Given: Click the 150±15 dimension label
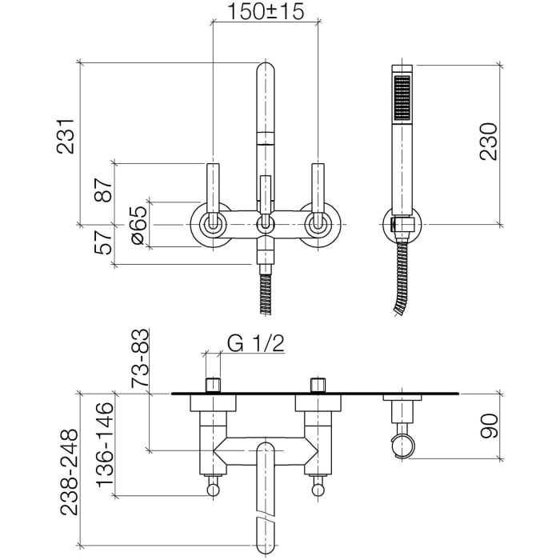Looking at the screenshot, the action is tap(266, 11).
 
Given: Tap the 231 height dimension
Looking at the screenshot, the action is tap(66, 137).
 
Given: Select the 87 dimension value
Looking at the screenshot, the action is tap(104, 190).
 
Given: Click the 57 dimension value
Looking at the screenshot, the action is tap(104, 242).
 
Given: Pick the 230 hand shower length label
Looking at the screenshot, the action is tap(488, 142).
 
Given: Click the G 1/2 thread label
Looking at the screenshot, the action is tap(256, 343).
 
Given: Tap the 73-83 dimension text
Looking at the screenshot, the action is tap(140, 358).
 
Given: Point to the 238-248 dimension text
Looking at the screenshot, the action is tap(69, 472).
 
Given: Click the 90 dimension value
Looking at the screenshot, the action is tap(489, 426).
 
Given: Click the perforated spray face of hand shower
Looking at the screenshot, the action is tap(402, 98).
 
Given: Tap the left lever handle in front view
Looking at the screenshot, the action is tap(214, 196).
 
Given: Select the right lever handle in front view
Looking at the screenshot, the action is tap(318, 196).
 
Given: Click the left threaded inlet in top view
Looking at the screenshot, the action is tap(214, 385).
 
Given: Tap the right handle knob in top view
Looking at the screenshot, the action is tap(318, 490).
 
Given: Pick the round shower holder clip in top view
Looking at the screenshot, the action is tap(403, 446).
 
